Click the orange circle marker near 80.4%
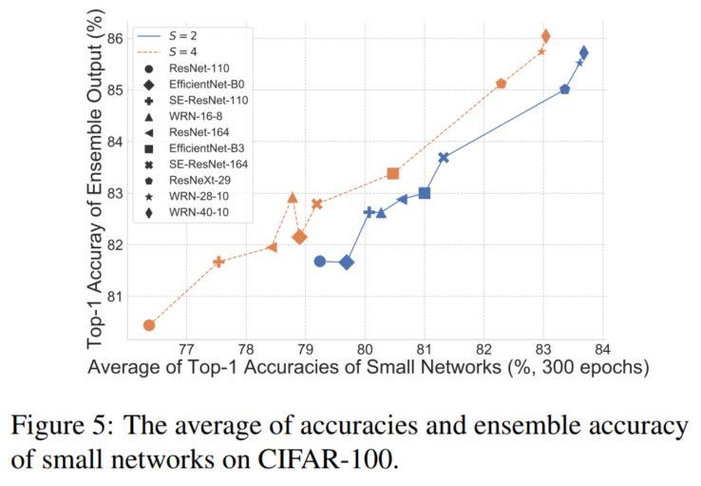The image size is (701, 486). click(x=149, y=325)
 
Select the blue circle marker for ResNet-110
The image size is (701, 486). click(x=320, y=261)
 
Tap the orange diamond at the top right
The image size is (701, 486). click(x=545, y=36)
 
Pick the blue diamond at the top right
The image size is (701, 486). click(x=583, y=52)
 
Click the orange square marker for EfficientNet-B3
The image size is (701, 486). click(x=393, y=174)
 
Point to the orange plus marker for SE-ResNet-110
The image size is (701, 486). click(x=218, y=262)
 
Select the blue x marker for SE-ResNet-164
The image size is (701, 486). click(x=444, y=157)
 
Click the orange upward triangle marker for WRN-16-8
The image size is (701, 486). click(x=293, y=198)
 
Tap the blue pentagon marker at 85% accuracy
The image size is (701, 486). click(x=565, y=89)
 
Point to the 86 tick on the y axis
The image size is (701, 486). click(x=114, y=39)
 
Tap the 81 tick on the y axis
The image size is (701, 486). click(x=114, y=296)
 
